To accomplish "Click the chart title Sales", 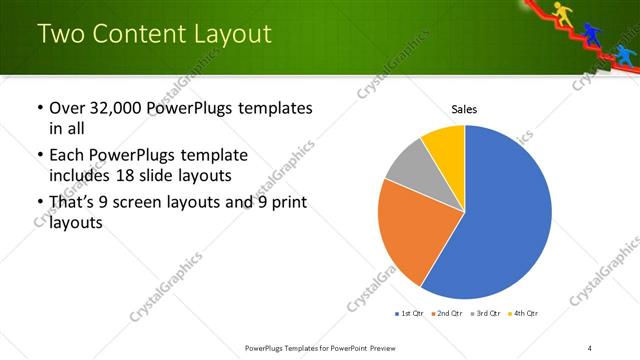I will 464,108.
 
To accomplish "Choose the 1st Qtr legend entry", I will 409,314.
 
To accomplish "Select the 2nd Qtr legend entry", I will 447,314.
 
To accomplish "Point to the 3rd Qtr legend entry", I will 486,314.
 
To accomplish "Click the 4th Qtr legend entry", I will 524,314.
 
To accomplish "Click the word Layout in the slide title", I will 231,34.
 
